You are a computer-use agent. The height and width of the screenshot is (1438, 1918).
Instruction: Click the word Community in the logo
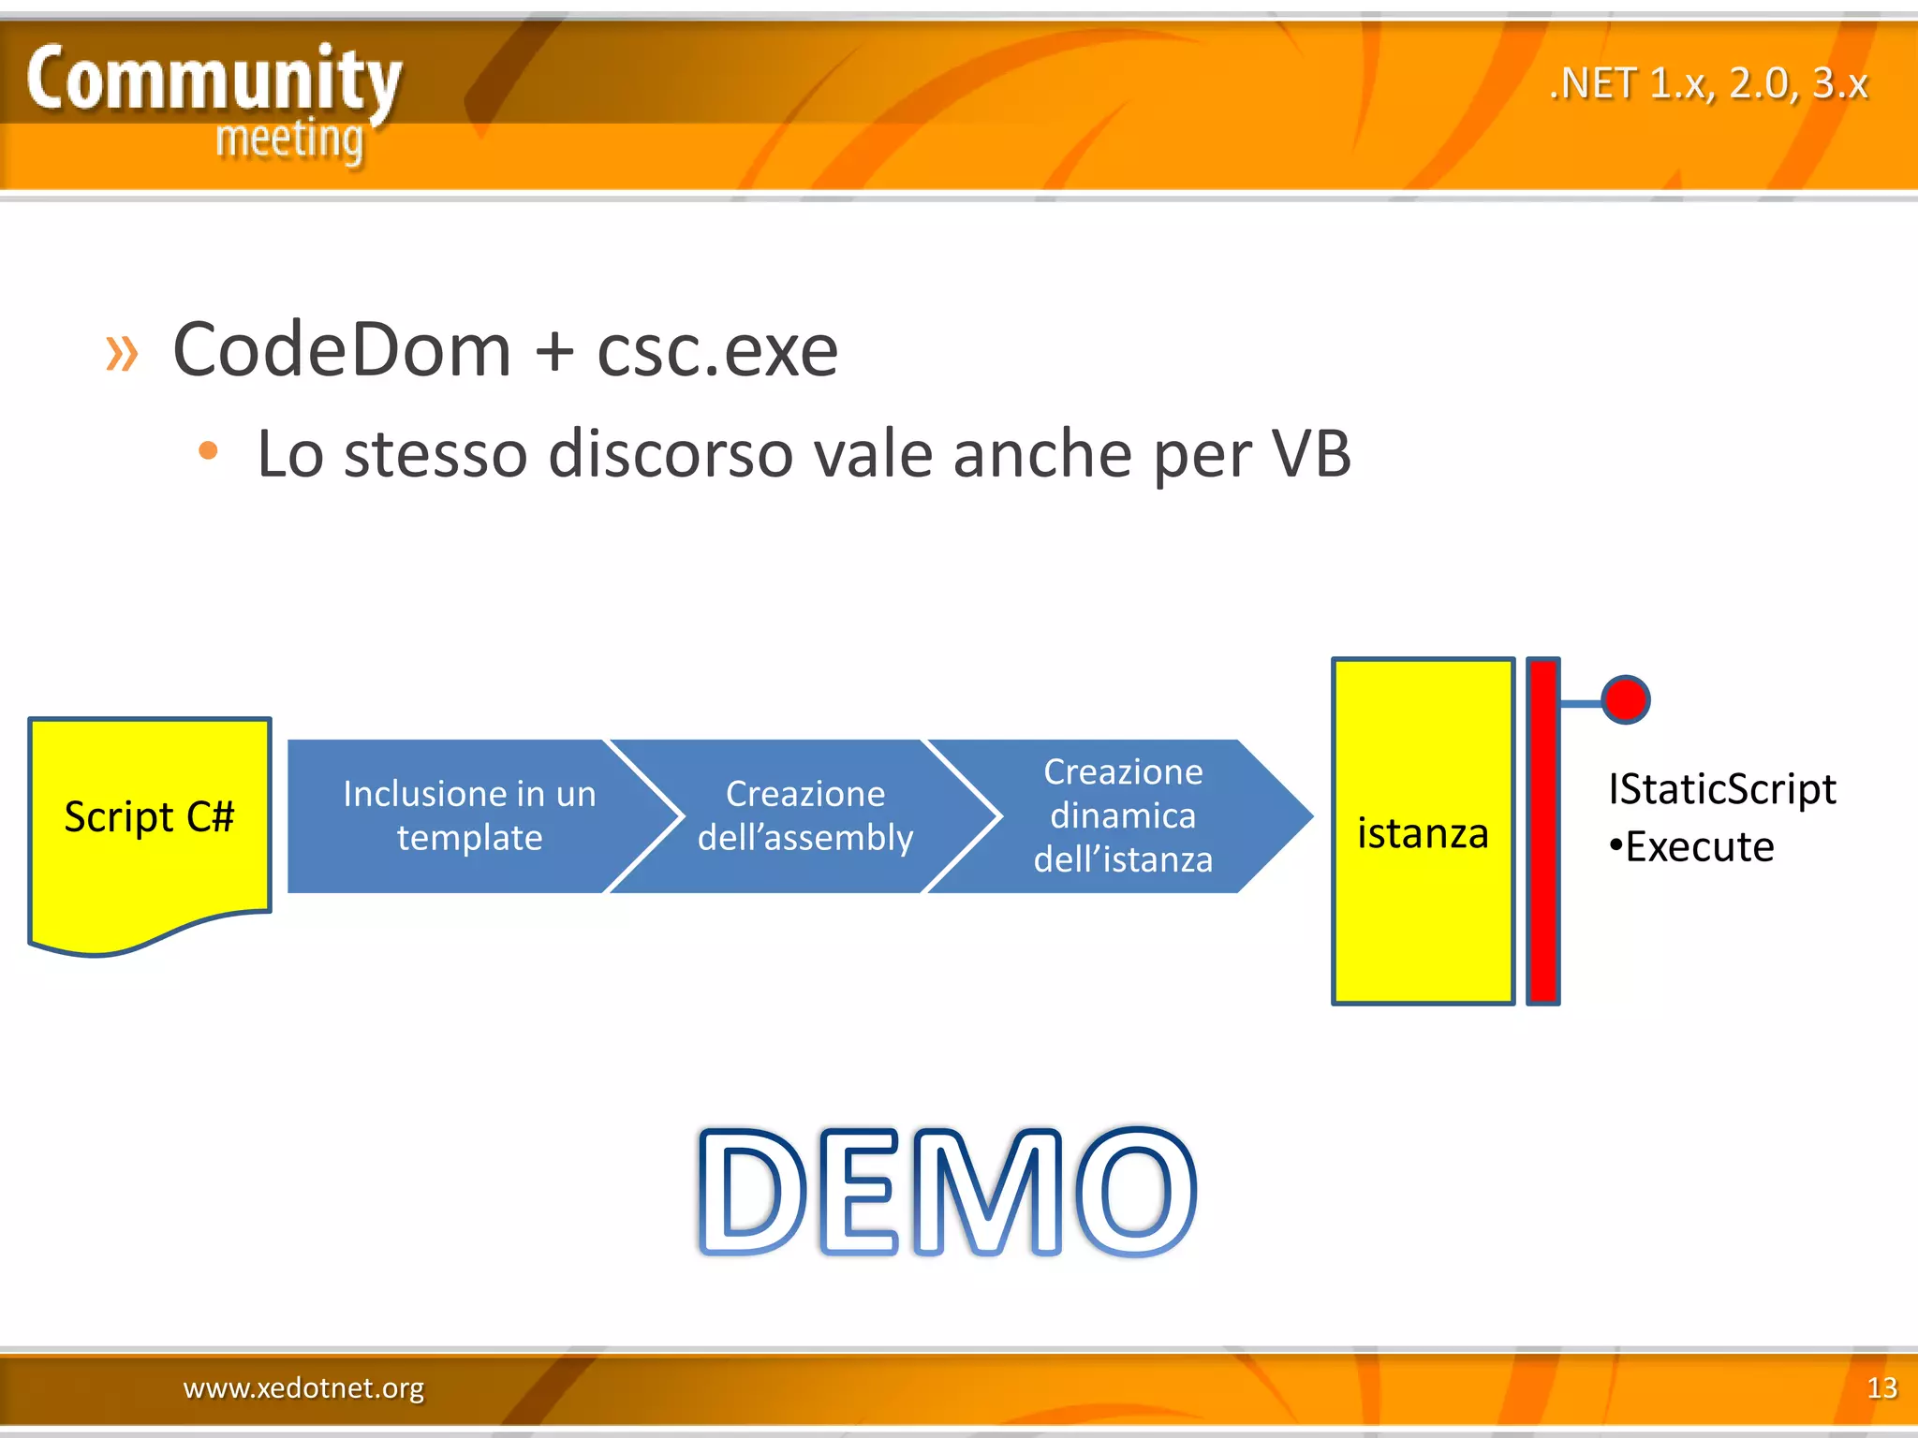[x=214, y=81]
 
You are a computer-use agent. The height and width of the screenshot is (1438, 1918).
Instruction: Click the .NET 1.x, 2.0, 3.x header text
[x=1708, y=84]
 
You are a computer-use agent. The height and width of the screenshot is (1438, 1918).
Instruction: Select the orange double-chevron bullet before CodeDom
[x=122, y=353]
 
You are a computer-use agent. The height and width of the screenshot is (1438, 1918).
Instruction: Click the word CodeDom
[x=342, y=350]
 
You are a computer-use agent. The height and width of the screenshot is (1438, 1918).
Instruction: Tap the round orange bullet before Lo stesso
[x=208, y=451]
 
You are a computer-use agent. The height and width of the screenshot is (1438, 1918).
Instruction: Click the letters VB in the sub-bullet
[x=1310, y=454]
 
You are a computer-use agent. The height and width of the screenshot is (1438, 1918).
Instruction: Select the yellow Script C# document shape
[x=149, y=824]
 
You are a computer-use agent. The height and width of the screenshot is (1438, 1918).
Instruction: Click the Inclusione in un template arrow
[x=468, y=815]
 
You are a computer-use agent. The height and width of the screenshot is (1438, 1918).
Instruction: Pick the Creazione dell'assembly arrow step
[x=804, y=815]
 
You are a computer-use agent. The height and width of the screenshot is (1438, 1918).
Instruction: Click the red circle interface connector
[x=1625, y=700]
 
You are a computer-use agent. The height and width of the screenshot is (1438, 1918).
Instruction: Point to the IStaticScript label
[x=1721, y=789]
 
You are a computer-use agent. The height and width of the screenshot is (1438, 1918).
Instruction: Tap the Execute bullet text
[x=1698, y=847]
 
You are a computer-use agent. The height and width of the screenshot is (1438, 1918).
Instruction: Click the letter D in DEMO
[x=752, y=1192]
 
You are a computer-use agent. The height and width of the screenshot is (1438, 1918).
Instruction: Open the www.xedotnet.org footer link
[x=303, y=1387]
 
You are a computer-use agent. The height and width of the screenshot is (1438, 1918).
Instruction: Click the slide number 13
[x=1881, y=1387]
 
